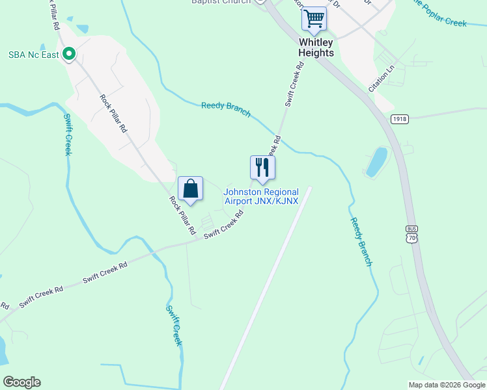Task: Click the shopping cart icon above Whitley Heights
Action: tap(314, 19)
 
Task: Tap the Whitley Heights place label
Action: tap(316, 47)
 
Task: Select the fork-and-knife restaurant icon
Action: tap(262, 168)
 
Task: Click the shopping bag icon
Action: tap(190, 189)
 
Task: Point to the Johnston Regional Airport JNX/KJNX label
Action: tap(261, 196)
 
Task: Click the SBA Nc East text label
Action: tap(34, 55)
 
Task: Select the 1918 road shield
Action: tap(400, 119)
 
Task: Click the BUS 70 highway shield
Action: tap(411, 235)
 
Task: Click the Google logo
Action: tap(21, 382)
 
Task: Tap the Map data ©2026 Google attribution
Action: tap(446, 385)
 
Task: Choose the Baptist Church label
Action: tap(220, 2)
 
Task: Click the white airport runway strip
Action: tap(266, 286)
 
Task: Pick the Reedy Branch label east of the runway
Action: tap(361, 241)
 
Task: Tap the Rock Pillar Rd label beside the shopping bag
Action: tap(182, 215)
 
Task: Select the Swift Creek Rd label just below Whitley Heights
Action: tap(294, 84)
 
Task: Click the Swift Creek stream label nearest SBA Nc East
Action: tap(67, 135)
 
